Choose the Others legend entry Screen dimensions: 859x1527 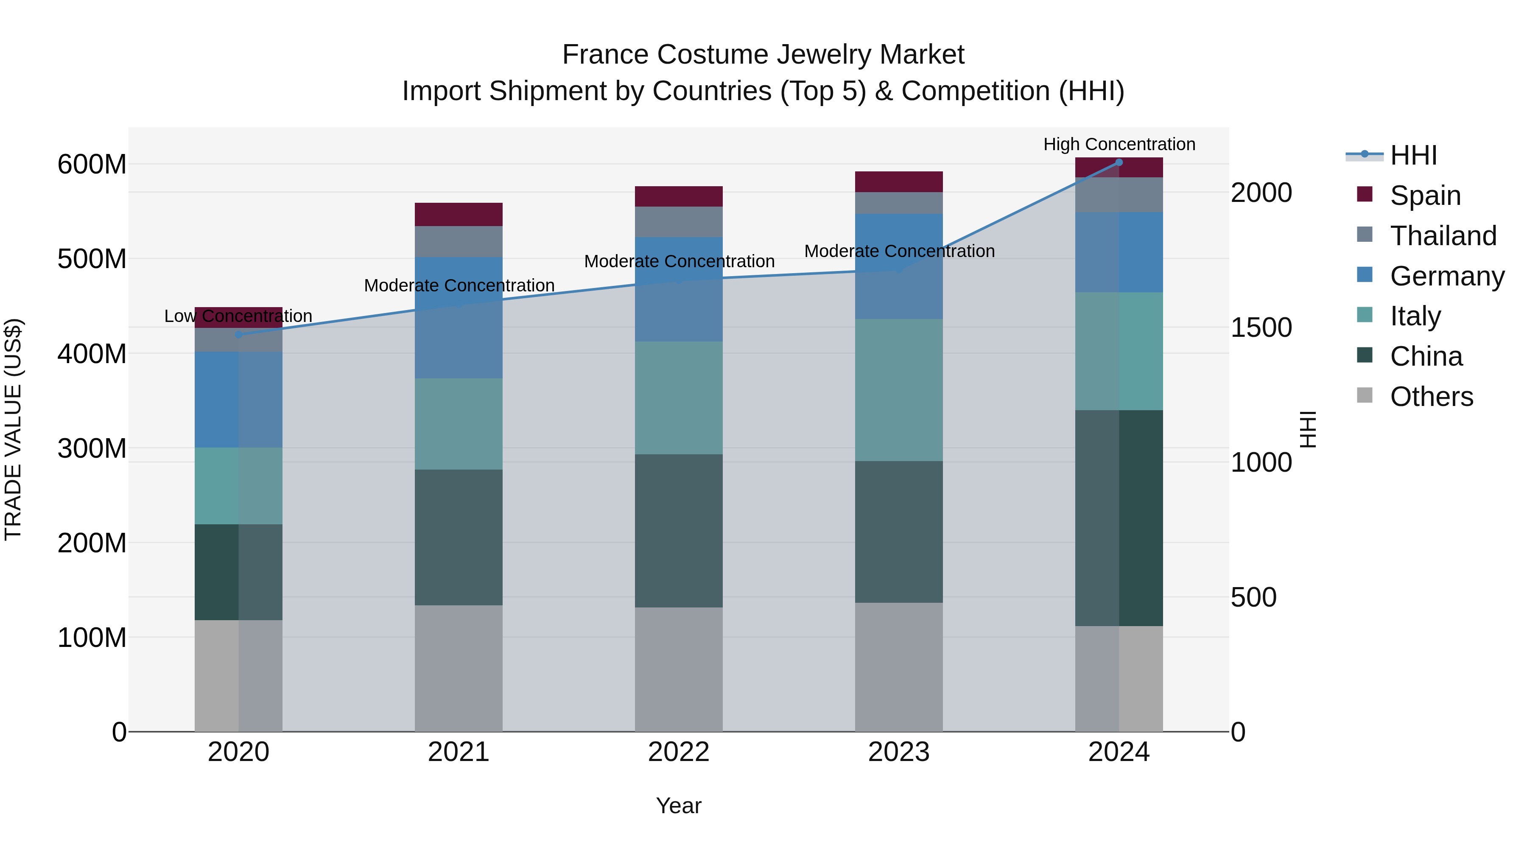click(1431, 397)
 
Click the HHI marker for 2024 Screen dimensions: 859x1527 click(1119, 162)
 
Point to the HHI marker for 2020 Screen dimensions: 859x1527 click(238, 334)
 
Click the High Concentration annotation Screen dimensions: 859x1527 click(1119, 144)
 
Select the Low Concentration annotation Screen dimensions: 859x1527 click(238, 316)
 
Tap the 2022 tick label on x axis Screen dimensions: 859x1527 click(679, 752)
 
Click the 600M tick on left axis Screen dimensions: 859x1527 click(92, 164)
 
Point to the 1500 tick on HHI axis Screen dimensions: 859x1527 click(1261, 328)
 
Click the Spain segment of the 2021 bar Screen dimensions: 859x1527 click(459, 214)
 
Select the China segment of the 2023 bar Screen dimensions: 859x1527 click(899, 532)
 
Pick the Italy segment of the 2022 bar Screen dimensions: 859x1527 click(679, 398)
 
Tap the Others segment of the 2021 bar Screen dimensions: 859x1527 click(459, 668)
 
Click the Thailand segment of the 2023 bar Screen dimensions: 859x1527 click(899, 203)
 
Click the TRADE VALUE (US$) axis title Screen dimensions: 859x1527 click(14, 429)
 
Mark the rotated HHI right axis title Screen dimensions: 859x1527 click(1308, 429)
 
